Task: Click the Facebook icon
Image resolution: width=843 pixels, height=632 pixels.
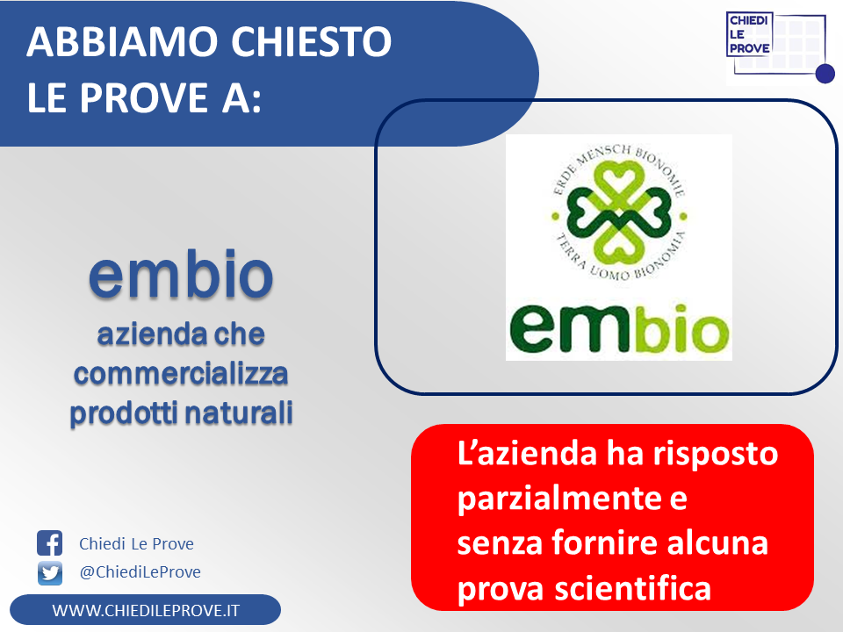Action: pos(49,542)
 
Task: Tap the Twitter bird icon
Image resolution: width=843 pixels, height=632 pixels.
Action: pos(50,573)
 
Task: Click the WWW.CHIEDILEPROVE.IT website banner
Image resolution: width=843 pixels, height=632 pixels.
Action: pos(145,610)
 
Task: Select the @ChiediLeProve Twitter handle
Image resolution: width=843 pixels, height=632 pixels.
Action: pos(140,571)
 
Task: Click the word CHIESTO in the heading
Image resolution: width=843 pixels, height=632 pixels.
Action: pos(311,41)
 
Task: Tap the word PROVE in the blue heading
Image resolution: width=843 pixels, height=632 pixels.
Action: pos(145,97)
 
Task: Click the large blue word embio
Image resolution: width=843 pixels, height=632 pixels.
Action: pos(181,274)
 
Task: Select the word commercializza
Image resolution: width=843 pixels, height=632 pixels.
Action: pos(181,374)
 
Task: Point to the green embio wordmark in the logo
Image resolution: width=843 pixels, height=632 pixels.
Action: pos(619,329)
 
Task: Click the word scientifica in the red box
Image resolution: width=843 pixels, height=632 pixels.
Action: pos(633,588)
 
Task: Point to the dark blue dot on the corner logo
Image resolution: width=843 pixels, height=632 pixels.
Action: pos(825,74)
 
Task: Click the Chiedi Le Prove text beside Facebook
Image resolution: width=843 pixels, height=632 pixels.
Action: pos(137,544)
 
